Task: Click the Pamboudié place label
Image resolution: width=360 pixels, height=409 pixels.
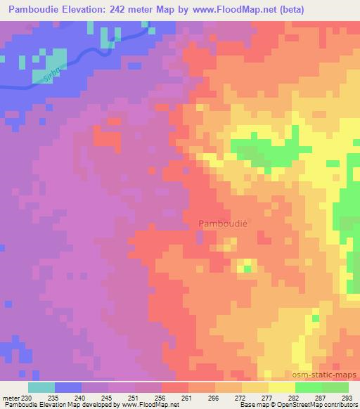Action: pyautogui.click(x=224, y=223)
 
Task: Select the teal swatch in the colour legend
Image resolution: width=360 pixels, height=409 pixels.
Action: pyautogui.click(x=41, y=387)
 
